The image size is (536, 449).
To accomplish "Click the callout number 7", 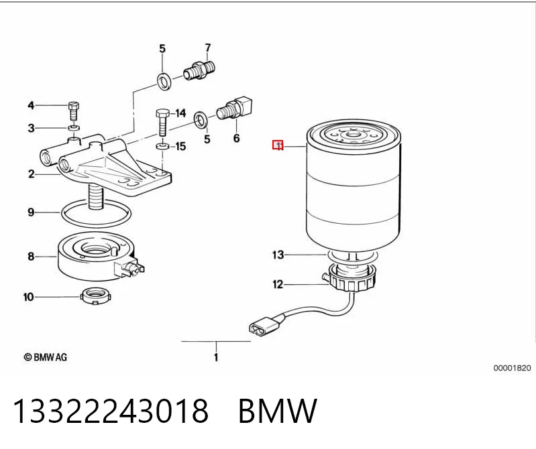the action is tap(208, 48).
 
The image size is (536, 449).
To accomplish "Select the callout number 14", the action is tap(180, 113).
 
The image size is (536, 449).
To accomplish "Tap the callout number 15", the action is tap(180, 147).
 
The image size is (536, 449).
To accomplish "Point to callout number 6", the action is tap(237, 138).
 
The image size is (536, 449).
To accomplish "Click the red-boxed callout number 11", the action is tap(278, 145).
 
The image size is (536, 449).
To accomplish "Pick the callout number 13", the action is tap(278, 255).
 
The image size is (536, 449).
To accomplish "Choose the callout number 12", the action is tap(278, 284).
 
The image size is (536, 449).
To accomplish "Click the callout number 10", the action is tap(29, 297).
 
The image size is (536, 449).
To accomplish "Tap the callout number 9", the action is tap(31, 212).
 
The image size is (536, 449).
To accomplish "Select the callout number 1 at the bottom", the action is tap(216, 357).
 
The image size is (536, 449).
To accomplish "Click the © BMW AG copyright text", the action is tap(46, 357).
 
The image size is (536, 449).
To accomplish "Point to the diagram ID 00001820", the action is tap(512, 368).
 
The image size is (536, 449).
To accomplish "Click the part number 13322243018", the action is tap(111, 411).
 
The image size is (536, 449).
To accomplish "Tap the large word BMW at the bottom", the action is tap(278, 411).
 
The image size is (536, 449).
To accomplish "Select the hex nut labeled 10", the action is tap(96, 296).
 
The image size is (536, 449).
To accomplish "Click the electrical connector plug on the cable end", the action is tap(265, 326).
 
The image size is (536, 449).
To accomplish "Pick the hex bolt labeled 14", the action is tap(162, 122).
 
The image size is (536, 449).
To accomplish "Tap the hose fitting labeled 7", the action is tap(199, 70).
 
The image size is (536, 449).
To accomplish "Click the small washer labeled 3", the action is tap(74, 128).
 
